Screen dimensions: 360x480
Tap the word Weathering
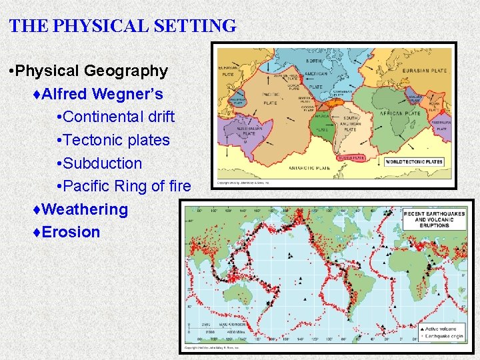pyautogui.click(x=84, y=209)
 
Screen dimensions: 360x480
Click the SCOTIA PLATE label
pyautogui.click(x=351, y=158)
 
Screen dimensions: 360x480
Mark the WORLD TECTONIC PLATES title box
pyautogui.click(x=414, y=162)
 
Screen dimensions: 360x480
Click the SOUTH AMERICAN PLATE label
pyautogui.click(x=349, y=123)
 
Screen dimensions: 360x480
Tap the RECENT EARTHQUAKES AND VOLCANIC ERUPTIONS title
pyautogui.click(x=434, y=219)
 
